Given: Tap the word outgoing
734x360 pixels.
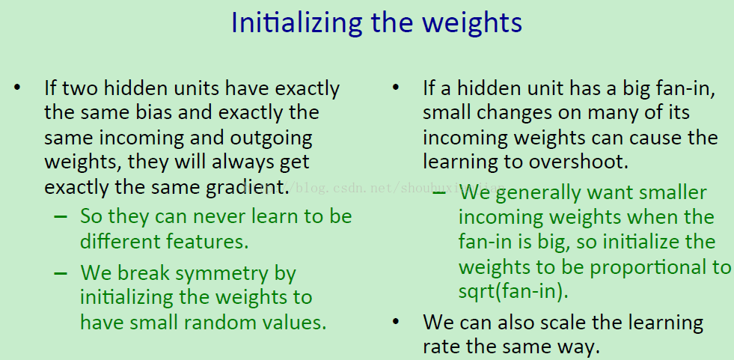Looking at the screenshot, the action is [x=271, y=139].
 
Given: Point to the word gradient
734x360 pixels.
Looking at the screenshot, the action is [x=247, y=187].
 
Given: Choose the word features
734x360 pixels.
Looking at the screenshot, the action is [x=207, y=242].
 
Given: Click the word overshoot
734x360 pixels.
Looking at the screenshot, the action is [x=578, y=162].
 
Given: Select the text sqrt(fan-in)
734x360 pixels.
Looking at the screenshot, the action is [x=513, y=292].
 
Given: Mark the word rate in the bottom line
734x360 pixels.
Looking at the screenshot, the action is [x=441, y=348].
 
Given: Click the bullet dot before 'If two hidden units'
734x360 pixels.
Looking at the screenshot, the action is [x=17, y=88].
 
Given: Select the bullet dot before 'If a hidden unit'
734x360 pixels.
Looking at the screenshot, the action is [x=396, y=88].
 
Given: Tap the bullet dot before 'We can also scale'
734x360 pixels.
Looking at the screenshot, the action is [x=396, y=322].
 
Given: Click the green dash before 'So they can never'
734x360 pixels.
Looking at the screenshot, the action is [x=61, y=217].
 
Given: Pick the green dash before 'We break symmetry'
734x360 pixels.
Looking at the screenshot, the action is [x=61, y=273].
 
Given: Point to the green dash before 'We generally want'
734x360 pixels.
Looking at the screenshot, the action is [x=439, y=192].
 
